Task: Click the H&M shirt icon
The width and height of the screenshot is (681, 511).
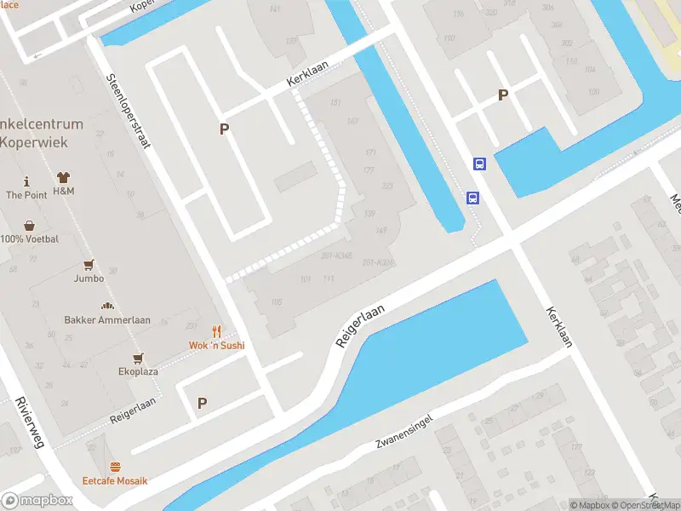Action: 64,178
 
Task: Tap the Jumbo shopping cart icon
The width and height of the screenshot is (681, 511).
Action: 89,265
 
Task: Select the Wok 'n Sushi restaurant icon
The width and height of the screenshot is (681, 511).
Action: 216,332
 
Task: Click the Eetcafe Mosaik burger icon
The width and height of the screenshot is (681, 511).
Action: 115,467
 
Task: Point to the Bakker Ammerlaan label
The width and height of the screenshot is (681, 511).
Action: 107,320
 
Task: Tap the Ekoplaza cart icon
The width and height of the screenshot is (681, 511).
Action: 136,358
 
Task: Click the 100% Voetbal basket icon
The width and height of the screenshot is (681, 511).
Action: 30,226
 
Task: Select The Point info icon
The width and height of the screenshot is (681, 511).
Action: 26,181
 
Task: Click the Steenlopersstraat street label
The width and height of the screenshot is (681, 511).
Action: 128,111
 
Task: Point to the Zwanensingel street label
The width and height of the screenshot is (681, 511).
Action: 404,433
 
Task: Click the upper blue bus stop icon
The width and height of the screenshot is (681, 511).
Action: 479,164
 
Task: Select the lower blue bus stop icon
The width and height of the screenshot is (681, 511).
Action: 472,198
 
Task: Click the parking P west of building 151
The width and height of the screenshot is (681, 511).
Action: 225,129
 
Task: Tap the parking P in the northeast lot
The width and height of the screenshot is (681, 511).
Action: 503,95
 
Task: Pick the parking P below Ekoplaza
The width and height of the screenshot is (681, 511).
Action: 203,403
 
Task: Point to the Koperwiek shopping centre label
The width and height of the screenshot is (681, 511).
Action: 42,131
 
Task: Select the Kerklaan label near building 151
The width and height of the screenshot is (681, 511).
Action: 307,78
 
